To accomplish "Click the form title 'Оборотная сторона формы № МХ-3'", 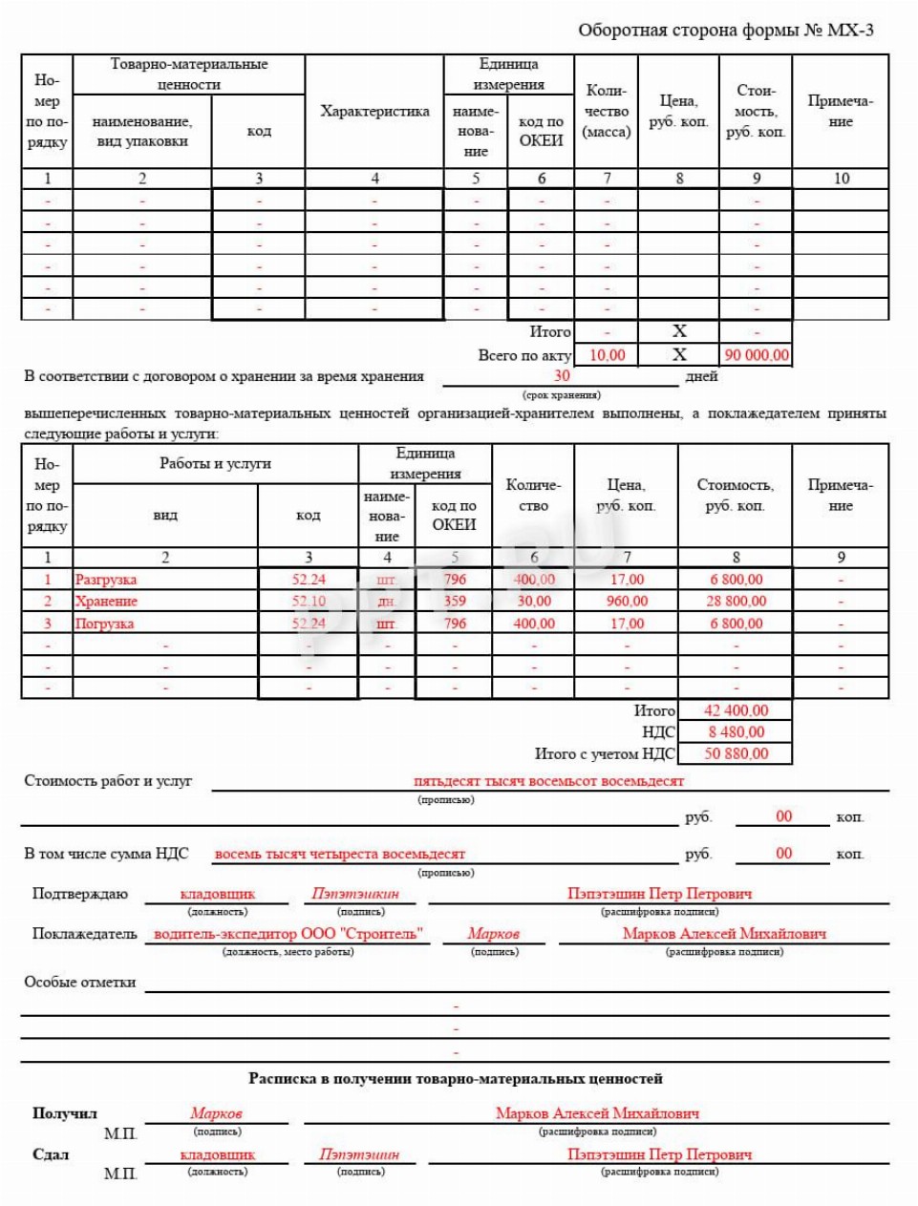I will click(x=725, y=31).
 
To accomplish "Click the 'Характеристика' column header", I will click(x=374, y=112).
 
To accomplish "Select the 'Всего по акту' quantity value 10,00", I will click(x=607, y=355).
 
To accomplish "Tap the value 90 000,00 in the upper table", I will click(x=757, y=355).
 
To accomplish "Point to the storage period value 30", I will click(x=562, y=376).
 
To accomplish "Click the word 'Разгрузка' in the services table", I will click(x=106, y=580).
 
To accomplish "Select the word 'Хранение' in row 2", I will click(x=106, y=602).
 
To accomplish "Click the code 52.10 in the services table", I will click(x=309, y=602).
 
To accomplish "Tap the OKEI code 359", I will click(x=455, y=602).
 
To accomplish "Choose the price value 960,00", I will click(x=627, y=602).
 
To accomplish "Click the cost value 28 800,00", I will click(x=737, y=602).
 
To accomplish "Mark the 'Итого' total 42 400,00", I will click(x=736, y=710).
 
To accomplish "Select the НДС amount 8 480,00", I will click(x=736, y=732).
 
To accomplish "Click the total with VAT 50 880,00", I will click(x=736, y=753).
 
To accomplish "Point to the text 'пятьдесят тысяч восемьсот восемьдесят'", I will click(x=548, y=781).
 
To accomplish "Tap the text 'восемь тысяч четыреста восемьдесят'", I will click(x=340, y=855).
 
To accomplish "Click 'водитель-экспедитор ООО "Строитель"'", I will click(x=288, y=934).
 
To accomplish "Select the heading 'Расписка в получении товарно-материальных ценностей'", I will click(x=456, y=1079).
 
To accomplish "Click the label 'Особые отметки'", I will click(x=79, y=983).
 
